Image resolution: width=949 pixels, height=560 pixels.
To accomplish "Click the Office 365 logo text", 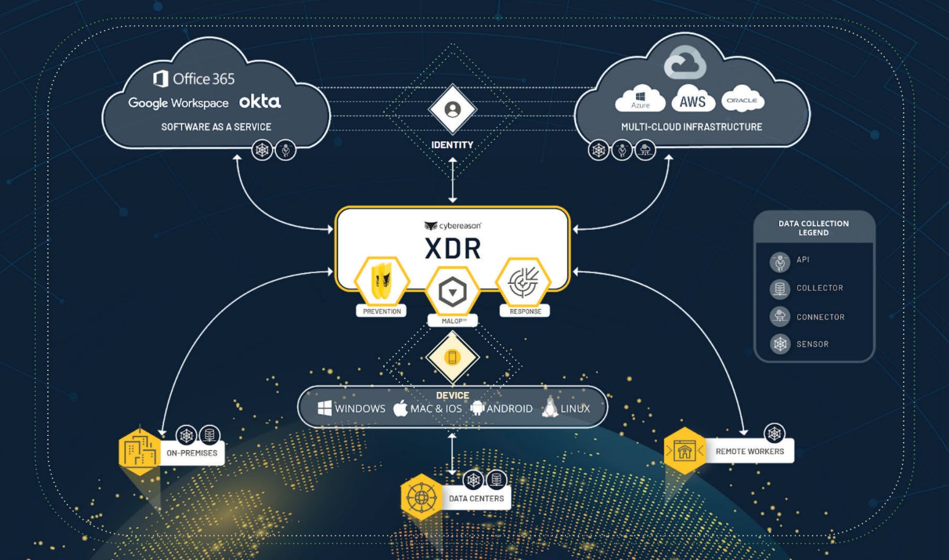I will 194,79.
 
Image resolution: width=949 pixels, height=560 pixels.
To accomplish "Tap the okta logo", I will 260,101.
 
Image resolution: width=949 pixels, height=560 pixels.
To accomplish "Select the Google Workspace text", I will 178,103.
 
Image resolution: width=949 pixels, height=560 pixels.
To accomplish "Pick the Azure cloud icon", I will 640,100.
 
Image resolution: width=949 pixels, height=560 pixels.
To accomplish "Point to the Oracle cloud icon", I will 742,100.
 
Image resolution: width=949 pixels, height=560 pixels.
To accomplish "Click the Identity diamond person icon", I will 452,109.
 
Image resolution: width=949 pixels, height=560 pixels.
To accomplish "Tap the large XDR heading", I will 452,249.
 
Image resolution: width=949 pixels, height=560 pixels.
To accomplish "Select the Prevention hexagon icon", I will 382,281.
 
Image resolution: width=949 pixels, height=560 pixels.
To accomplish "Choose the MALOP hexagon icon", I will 452,292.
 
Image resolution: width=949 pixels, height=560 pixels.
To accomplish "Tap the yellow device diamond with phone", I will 452,358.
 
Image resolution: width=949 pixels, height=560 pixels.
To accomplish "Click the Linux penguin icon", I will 550,407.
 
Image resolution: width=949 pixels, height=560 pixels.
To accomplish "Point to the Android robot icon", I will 478,408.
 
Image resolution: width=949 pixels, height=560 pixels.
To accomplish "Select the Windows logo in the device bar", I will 325,408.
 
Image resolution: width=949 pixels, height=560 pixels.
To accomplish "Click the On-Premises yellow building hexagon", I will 139,452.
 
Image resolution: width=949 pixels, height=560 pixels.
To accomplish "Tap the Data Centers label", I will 476,498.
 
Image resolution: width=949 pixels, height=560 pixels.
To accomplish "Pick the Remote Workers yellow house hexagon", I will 684,451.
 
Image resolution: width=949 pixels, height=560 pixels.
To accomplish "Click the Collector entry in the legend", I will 819,288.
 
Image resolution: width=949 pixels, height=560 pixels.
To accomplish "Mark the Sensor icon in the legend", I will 780,344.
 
